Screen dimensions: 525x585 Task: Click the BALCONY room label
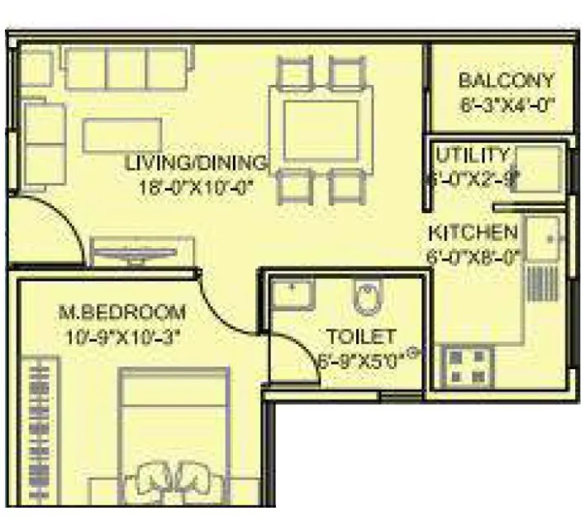(x=506, y=81)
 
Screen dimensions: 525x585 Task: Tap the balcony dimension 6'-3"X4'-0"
(x=506, y=104)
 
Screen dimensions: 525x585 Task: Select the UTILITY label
(x=473, y=155)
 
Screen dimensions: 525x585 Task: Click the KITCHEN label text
(x=473, y=233)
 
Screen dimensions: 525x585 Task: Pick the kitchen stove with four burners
(x=468, y=367)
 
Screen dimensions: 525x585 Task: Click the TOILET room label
(x=361, y=337)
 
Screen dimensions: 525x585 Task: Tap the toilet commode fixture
(x=367, y=298)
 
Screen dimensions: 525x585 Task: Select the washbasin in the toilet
(x=292, y=295)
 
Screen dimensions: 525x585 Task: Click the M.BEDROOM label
(x=122, y=313)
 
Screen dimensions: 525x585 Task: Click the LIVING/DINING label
(x=196, y=163)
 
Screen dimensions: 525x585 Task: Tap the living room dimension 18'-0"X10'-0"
(x=196, y=186)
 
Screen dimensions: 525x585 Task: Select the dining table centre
(x=321, y=130)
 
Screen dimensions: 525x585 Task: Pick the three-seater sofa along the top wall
(x=128, y=67)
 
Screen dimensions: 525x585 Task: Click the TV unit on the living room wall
(x=142, y=253)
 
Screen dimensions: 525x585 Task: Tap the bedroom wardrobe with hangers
(x=39, y=429)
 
